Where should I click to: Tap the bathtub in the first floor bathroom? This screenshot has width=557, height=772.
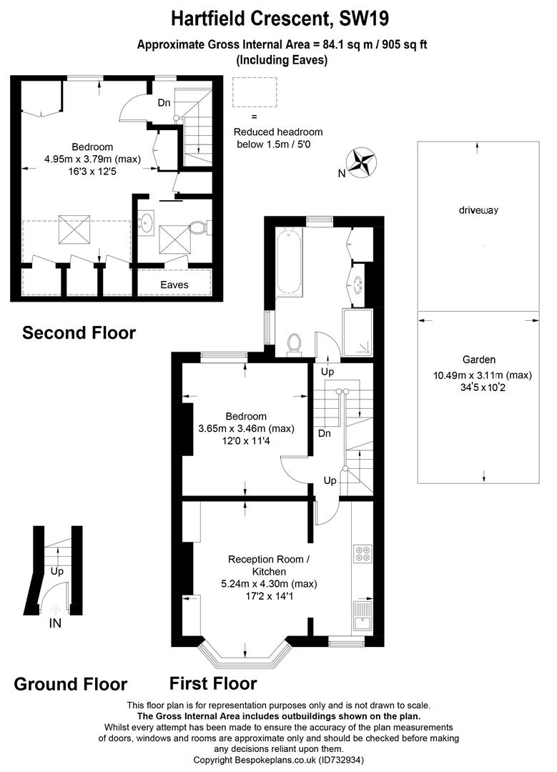[x=289, y=261]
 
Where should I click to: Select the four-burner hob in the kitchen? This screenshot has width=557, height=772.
[x=362, y=555]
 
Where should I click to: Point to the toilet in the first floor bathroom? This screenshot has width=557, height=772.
[x=294, y=344]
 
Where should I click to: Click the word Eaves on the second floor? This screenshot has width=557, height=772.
[x=174, y=284]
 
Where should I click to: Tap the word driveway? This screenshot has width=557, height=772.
[x=478, y=210]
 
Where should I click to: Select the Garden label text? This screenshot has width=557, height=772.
[x=478, y=360]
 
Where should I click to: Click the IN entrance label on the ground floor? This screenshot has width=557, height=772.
[x=55, y=623]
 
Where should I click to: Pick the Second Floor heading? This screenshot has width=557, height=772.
[x=79, y=332]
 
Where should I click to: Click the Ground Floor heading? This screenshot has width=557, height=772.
[x=71, y=684]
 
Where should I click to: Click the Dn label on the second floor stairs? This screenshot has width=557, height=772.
[x=164, y=103]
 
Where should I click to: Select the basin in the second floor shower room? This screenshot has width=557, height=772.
[x=147, y=222]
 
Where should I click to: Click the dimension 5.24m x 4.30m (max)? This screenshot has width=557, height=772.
[x=269, y=583]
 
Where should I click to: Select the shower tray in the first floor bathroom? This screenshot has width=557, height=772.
[x=358, y=332]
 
